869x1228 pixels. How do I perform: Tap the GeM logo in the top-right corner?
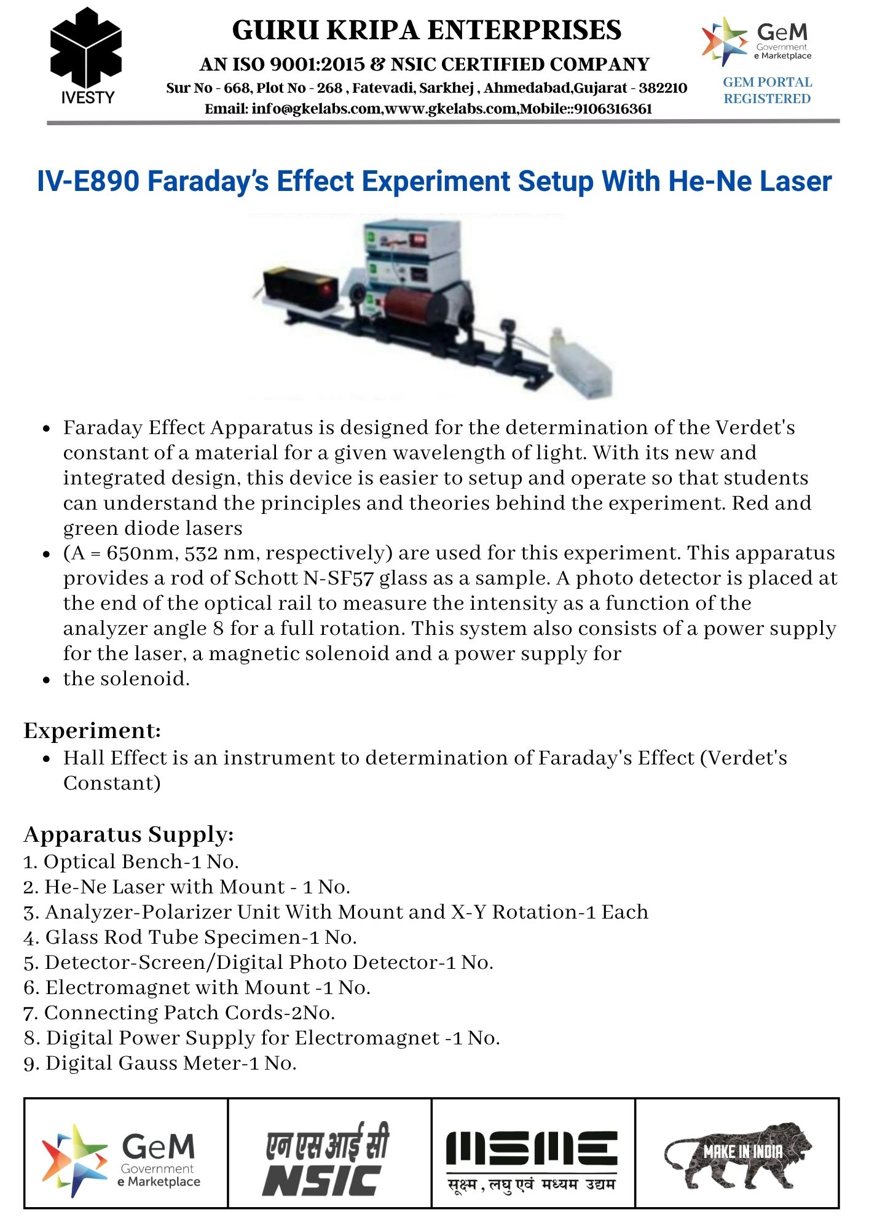click(x=757, y=41)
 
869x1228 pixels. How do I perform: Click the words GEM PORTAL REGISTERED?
click(x=767, y=90)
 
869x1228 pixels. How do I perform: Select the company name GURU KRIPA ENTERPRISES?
click(x=427, y=30)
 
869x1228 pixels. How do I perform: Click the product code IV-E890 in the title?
click(x=87, y=182)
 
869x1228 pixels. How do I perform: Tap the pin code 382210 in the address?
click(x=663, y=88)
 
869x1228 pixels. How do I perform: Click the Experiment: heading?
click(x=92, y=731)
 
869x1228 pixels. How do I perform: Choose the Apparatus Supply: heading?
click(x=128, y=835)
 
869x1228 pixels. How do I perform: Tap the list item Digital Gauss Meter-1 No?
click(x=160, y=1063)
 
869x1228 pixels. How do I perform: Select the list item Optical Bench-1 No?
click(x=131, y=862)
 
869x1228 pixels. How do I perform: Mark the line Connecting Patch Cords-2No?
click(x=179, y=1013)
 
